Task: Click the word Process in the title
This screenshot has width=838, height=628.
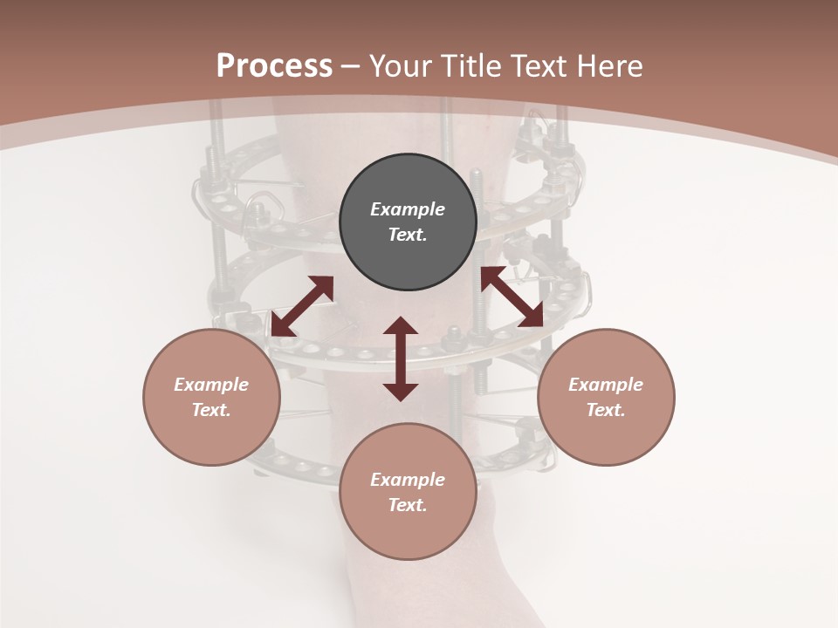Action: tap(274, 66)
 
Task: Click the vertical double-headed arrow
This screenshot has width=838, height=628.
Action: tap(401, 358)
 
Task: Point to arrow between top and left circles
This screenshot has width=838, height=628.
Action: tap(302, 306)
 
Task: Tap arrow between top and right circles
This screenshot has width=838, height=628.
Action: tap(512, 297)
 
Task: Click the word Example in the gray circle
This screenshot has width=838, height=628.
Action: tap(408, 209)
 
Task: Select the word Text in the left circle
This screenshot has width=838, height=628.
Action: tap(209, 410)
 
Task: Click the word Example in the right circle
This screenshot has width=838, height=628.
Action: tap(606, 385)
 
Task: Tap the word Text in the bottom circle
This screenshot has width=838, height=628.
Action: tap(406, 505)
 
